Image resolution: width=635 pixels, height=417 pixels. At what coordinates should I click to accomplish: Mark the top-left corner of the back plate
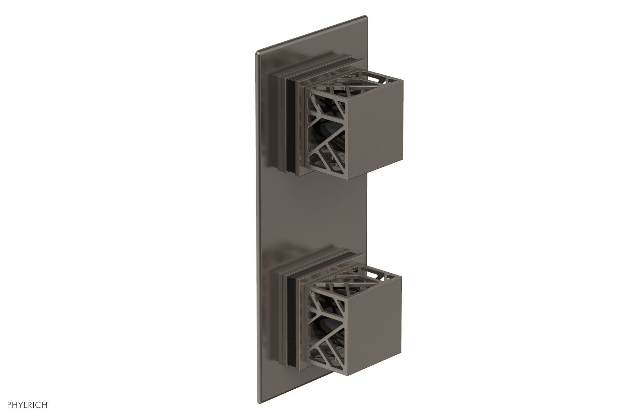(x=256, y=53)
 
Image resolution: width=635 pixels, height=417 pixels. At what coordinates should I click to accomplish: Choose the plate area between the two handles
(x=308, y=208)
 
